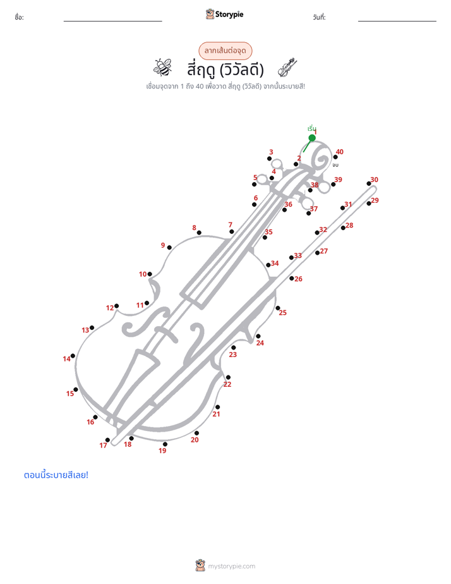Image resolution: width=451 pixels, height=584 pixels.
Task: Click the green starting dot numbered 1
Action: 312,138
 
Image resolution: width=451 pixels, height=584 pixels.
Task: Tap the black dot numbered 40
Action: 335,157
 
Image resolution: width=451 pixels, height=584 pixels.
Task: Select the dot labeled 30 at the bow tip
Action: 369,183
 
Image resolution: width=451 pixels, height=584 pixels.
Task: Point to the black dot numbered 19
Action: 165,444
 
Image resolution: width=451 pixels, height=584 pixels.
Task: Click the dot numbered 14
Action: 73,356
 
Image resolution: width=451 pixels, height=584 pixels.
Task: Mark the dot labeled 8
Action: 199,233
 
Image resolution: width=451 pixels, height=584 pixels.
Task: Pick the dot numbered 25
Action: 277,308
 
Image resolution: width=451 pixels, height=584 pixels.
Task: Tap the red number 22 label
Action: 227,384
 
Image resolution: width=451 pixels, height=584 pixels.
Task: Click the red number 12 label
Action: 110,308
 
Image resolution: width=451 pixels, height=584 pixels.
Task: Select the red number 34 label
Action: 275,264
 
